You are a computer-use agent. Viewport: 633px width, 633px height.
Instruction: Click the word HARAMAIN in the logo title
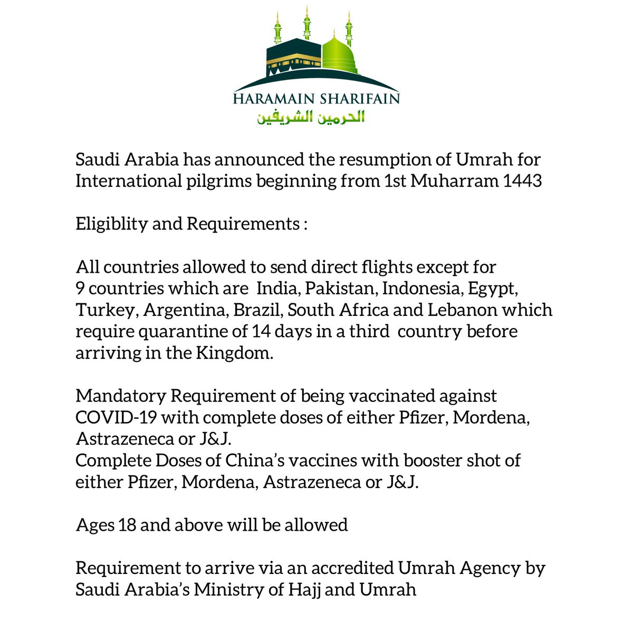(x=274, y=99)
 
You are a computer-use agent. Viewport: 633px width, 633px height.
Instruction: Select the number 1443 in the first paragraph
(x=522, y=181)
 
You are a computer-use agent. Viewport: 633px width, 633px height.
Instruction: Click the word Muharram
(x=454, y=181)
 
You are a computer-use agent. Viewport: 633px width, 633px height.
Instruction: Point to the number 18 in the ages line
(x=127, y=525)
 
